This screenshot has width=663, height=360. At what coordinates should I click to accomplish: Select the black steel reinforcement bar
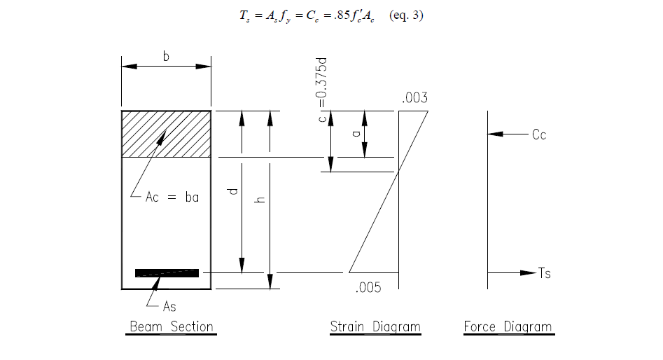[x=167, y=272]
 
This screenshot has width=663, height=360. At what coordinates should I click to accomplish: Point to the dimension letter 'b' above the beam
[x=166, y=57]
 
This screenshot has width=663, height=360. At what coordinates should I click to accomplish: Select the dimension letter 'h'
[x=261, y=200]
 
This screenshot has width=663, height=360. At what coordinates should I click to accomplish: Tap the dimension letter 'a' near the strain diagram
[x=356, y=132]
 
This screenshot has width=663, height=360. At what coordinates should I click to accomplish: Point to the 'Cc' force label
[x=538, y=134]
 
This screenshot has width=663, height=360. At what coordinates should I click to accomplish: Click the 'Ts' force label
[x=544, y=273]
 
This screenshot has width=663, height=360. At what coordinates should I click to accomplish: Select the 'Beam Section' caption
[x=171, y=327]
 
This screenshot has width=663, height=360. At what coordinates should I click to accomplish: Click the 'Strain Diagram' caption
[x=375, y=327]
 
